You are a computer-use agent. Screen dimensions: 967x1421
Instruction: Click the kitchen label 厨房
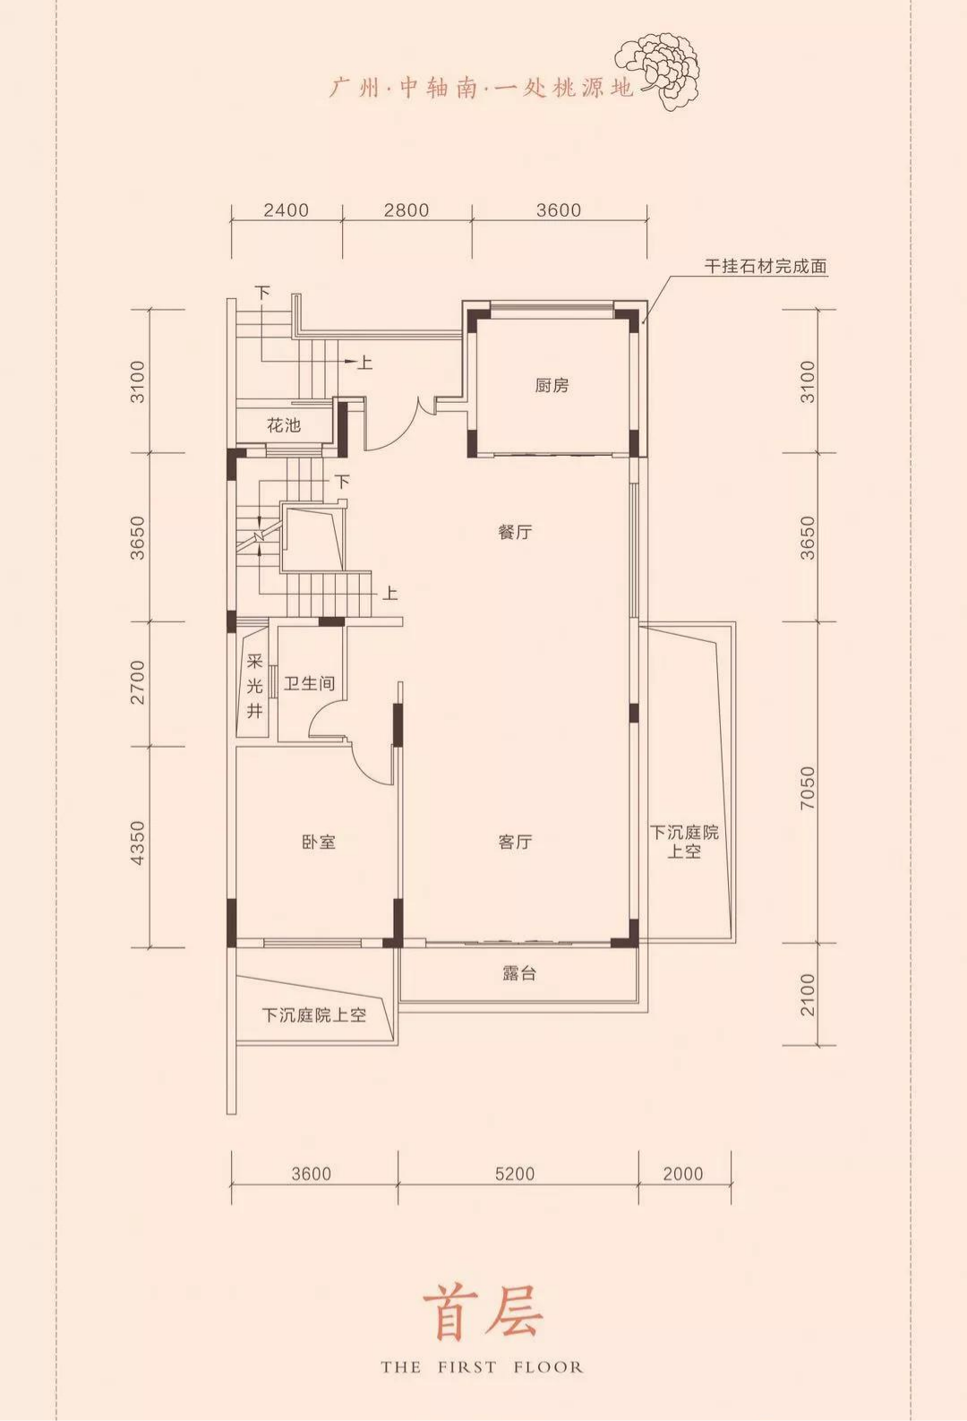tap(552, 386)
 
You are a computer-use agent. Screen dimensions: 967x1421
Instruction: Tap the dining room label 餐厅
tap(515, 532)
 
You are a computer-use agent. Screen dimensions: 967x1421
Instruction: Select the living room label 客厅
tap(515, 843)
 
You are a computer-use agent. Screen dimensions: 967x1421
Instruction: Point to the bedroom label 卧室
tap(318, 843)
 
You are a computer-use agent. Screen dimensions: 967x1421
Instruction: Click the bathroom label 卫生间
tap(309, 684)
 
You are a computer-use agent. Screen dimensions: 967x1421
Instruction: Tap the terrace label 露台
tap(518, 974)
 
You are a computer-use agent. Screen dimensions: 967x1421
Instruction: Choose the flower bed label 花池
tap(284, 425)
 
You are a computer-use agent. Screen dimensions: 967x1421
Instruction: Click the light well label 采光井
tap(254, 687)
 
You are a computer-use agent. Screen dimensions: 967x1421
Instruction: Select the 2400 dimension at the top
tap(287, 210)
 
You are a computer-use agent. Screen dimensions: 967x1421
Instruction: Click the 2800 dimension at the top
tap(406, 210)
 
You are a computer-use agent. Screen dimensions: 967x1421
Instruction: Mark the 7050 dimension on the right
tap(807, 788)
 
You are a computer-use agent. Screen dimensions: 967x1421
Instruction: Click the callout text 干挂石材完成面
tap(766, 267)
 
